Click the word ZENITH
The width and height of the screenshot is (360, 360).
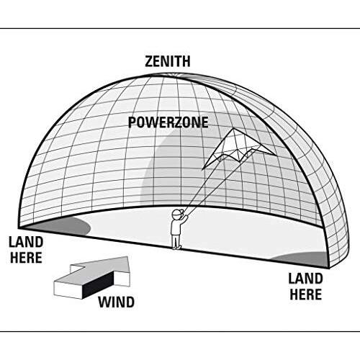click(168, 61)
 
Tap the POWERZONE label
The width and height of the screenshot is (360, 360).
click(168, 122)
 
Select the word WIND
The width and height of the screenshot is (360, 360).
click(116, 302)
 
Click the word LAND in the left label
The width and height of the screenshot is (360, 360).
click(26, 242)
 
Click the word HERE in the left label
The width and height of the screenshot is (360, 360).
click(26, 258)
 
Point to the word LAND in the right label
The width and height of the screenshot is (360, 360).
click(305, 279)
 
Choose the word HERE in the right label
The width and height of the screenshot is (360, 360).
click(305, 294)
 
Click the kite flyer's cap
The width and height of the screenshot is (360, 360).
click(178, 212)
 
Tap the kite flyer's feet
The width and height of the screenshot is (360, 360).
click(177, 247)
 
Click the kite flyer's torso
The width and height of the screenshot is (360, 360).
click(176, 228)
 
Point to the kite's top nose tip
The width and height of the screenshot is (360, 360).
click(233, 129)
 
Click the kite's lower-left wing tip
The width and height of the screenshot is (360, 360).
click(204, 168)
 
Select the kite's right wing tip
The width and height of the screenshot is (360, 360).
click(274, 154)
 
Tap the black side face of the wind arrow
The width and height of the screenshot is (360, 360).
click(98, 285)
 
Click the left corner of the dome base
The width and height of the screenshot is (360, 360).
click(19, 228)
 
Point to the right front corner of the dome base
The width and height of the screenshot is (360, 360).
click(329, 268)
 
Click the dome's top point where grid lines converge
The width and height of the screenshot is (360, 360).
click(174, 74)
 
